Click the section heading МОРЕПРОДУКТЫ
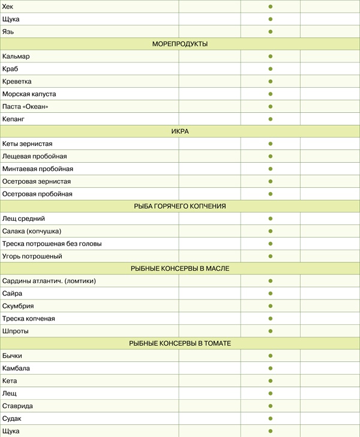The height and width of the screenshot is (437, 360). coord(180,44)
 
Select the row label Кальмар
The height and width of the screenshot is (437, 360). coord(16,56)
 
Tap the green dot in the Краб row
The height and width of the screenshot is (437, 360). coord(271,69)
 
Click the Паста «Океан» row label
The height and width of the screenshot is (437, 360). coord(25,106)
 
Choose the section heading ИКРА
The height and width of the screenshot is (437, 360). coord(180,131)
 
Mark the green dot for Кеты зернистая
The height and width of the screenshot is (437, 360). coord(271,144)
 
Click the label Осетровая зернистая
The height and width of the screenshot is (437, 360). coord(37,181)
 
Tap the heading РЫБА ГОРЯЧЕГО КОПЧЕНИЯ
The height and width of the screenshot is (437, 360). coord(180,206)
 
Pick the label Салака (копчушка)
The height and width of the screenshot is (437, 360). coord(32,231)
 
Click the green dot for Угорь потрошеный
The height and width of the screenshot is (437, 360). coord(271,256)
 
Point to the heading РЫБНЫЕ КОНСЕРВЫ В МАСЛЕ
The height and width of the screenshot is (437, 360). coord(180,268)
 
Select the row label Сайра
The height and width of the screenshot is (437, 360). coord(13,294)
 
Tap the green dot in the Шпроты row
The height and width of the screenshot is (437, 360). coord(271,331)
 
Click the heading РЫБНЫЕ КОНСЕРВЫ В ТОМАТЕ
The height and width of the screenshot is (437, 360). coord(180,343)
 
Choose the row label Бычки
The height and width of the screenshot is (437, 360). coord(13,356)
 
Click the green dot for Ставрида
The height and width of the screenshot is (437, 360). coord(271,406)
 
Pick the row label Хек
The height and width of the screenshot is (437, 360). coord(8,7)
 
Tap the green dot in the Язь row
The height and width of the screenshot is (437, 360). coord(271,31)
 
